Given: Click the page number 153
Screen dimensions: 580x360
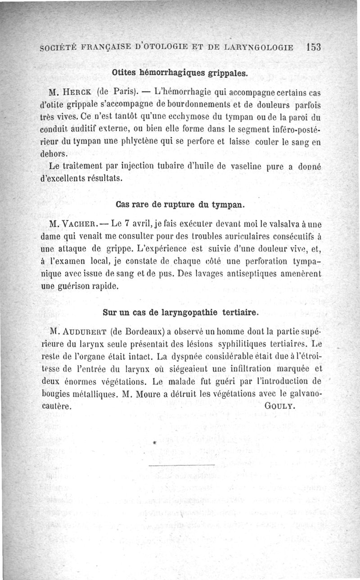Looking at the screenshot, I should click(x=311, y=47).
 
